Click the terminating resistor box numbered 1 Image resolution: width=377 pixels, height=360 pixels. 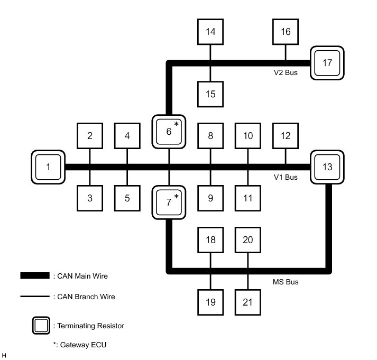click(48, 167)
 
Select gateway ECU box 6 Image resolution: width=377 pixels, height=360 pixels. click(169, 132)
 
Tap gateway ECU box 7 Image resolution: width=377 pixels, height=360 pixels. click(169, 202)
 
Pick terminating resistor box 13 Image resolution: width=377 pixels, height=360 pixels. click(327, 167)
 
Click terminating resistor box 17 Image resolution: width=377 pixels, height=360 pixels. click(327, 63)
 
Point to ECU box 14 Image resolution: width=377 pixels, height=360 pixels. click(210, 32)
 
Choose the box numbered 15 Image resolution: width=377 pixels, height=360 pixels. click(210, 94)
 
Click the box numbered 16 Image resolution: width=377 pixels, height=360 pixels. click(286, 32)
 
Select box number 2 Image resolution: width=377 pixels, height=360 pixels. click(90, 136)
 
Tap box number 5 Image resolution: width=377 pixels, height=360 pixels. click(127, 198)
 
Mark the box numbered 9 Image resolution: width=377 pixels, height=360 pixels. click(210, 198)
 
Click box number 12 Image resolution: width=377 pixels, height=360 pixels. click(286, 136)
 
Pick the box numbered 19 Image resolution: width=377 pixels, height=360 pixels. click(210, 302)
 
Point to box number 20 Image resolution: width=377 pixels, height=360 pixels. click(247, 240)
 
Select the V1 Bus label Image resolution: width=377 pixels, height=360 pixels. click(286, 177)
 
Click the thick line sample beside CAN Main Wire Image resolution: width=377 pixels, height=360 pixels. click(35, 276)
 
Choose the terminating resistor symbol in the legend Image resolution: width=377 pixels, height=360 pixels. click(41, 326)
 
